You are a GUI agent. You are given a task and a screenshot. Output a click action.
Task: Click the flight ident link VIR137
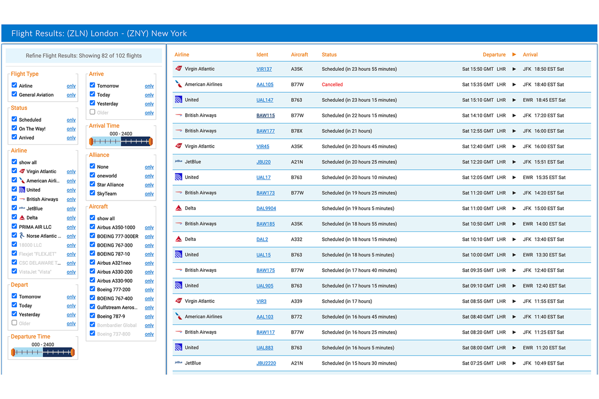(264, 69)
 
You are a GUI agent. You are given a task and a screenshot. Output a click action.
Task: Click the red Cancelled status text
(332, 85)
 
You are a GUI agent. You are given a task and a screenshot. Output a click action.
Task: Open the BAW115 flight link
(266, 116)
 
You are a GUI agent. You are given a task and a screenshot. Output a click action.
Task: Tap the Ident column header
(262, 55)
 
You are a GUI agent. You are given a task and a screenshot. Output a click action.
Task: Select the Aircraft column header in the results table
(299, 55)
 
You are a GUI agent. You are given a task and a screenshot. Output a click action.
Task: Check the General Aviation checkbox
(14, 94)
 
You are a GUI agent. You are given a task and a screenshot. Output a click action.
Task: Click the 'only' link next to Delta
(71, 218)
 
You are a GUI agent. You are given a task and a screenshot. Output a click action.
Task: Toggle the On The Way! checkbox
(14, 128)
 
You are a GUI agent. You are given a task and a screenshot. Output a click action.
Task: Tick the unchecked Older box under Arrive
(92, 112)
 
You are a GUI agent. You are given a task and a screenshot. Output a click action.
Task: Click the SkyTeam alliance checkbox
(92, 193)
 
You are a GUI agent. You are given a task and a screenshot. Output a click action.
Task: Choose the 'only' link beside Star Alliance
(149, 185)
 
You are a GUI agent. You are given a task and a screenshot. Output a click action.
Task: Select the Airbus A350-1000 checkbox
(92, 227)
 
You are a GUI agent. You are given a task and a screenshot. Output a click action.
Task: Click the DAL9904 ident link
(266, 208)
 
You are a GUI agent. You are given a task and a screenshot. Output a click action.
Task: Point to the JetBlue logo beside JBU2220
(178, 363)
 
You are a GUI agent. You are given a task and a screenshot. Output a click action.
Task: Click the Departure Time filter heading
(30, 337)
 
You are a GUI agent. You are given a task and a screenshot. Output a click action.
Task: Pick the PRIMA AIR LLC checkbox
(14, 226)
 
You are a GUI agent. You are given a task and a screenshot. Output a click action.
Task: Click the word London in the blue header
(104, 34)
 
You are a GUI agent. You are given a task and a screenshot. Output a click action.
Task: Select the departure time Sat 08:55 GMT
(478, 301)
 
